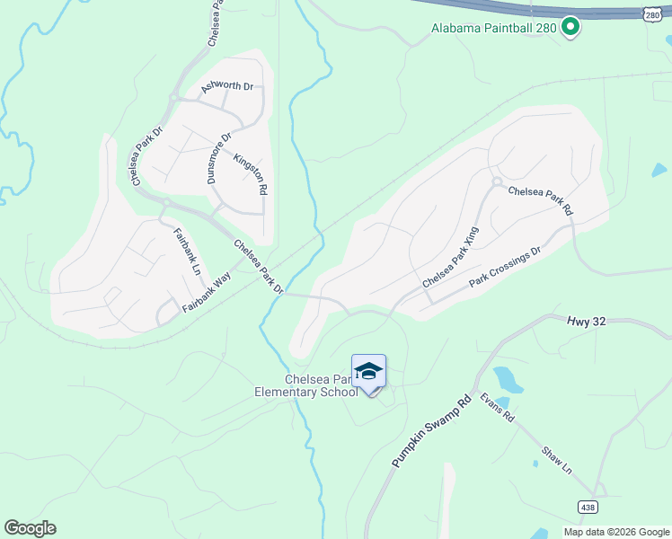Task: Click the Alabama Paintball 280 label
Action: click(x=494, y=28)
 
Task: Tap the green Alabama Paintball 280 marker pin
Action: click(x=570, y=28)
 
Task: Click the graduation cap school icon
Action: click(x=368, y=372)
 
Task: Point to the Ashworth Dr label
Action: click(x=227, y=86)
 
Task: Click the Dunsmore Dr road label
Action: click(x=219, y=157)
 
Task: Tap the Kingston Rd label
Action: click(x=251, y=174)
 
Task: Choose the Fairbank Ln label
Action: click(x=187, y=252)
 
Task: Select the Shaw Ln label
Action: click(x=557, y=462)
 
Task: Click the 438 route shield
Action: click(x=587, y=508)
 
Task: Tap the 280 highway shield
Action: click(x=654, y=14)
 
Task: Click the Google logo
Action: click(x=30, y=528)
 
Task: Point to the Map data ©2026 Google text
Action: click(x=615, y=532)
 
